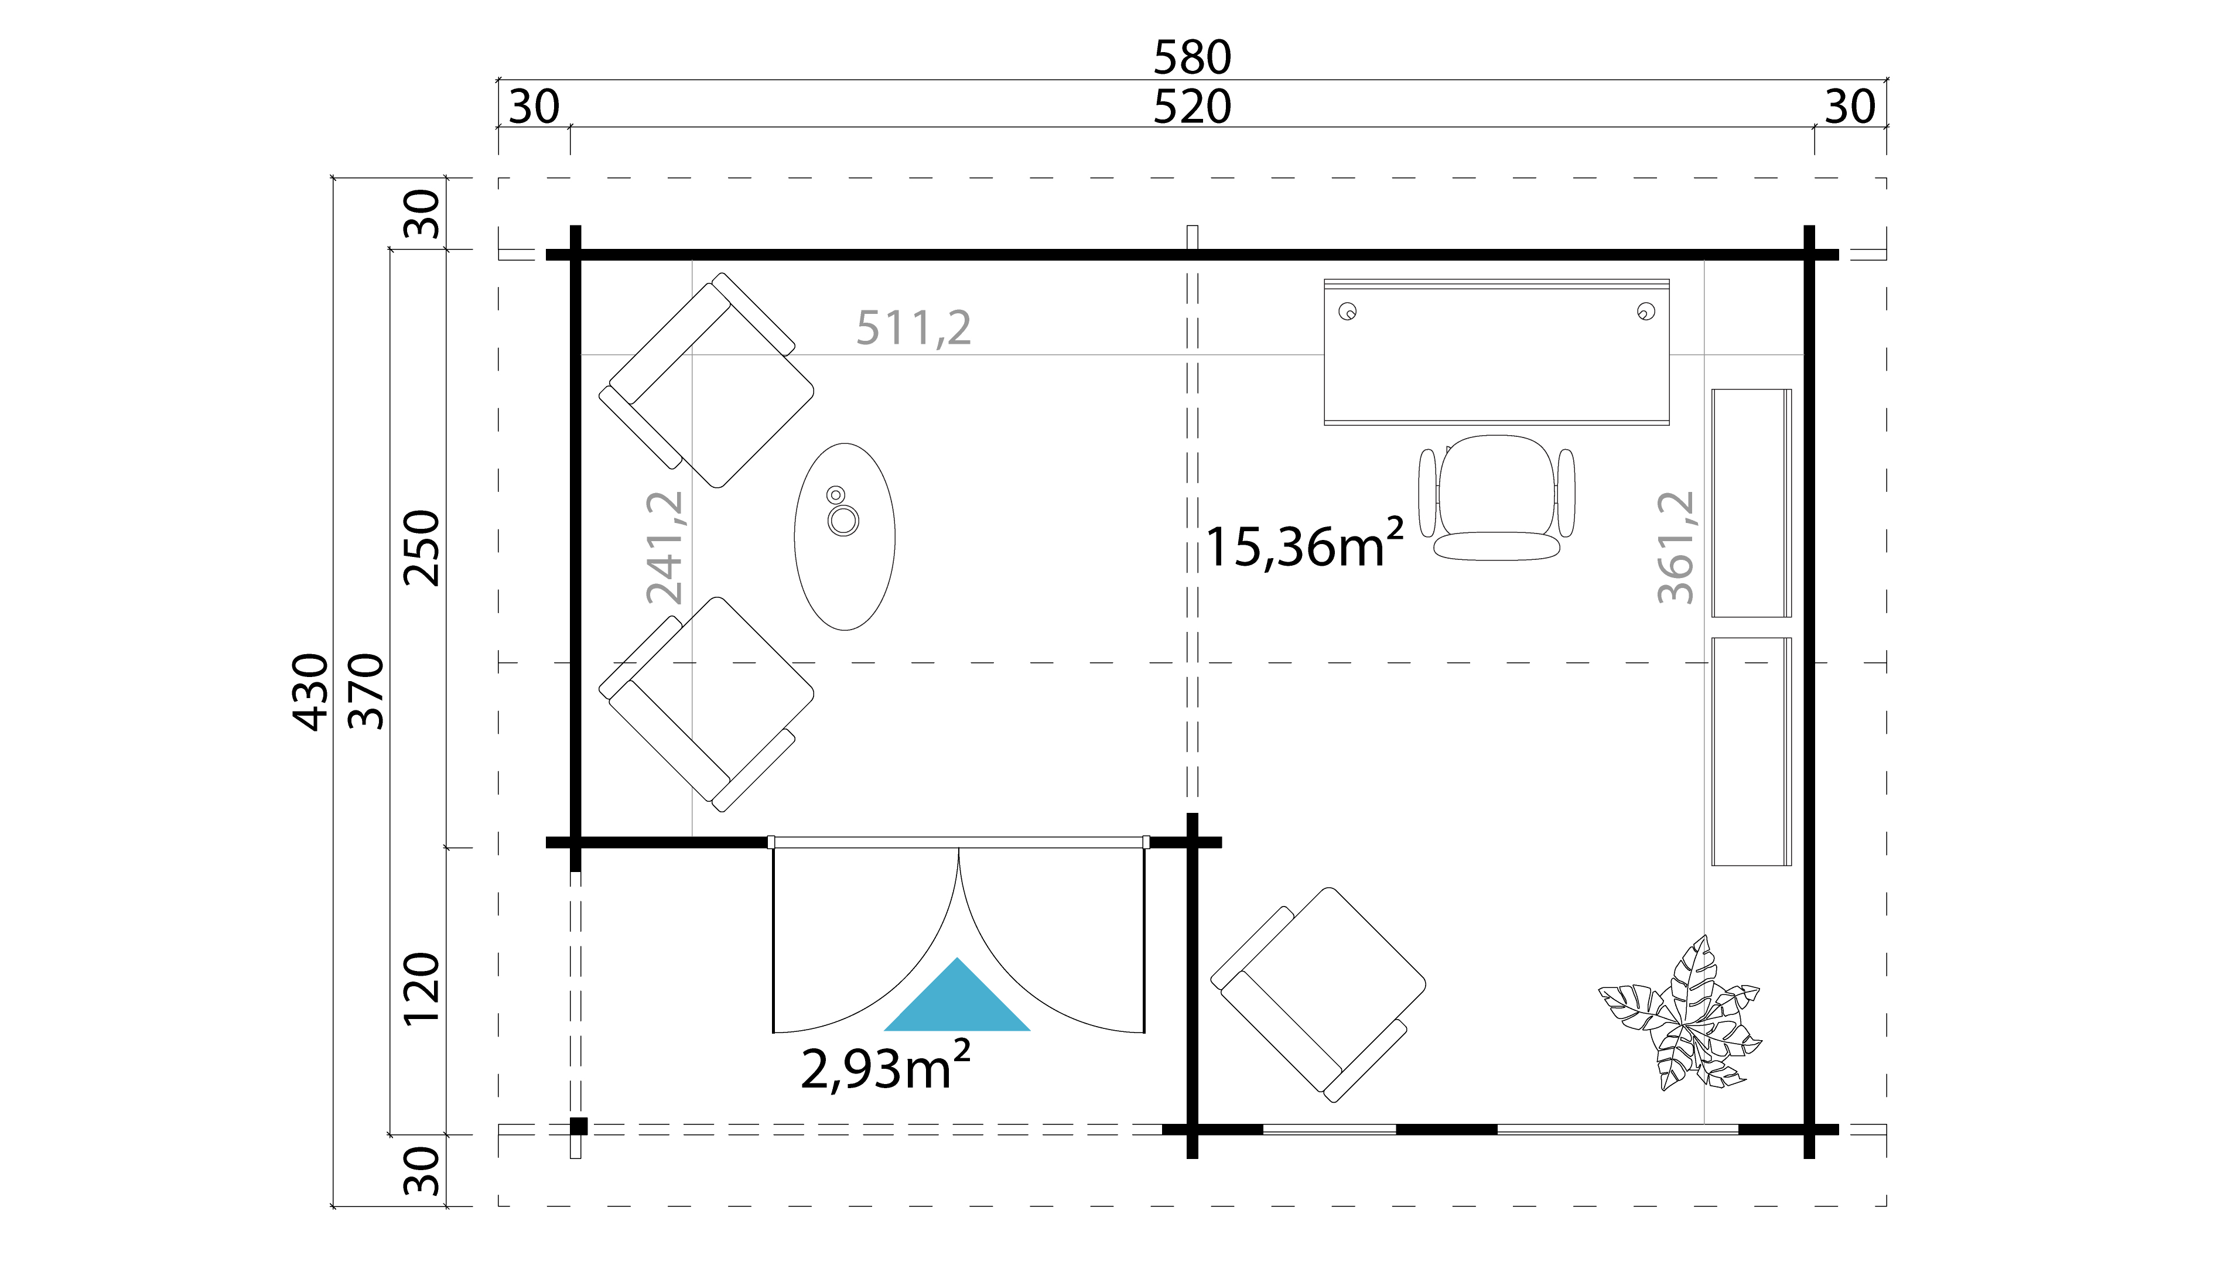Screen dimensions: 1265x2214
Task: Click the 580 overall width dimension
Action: click(1191, 57)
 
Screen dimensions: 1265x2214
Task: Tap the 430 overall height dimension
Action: click(310, 692)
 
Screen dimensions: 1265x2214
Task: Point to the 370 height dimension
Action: click(366, 692)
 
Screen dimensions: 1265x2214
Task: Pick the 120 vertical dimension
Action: click(422, 990)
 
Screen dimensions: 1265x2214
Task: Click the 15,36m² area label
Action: click(1303, 546)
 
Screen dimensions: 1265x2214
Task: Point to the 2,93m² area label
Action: click(884, 1068)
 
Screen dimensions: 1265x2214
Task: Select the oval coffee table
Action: click(845, 536)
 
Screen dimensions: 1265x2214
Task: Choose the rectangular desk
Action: click(1496, 352)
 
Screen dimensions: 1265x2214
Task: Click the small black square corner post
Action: click(579, 1126)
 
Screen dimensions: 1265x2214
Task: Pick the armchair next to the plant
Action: click(1317, 995)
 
